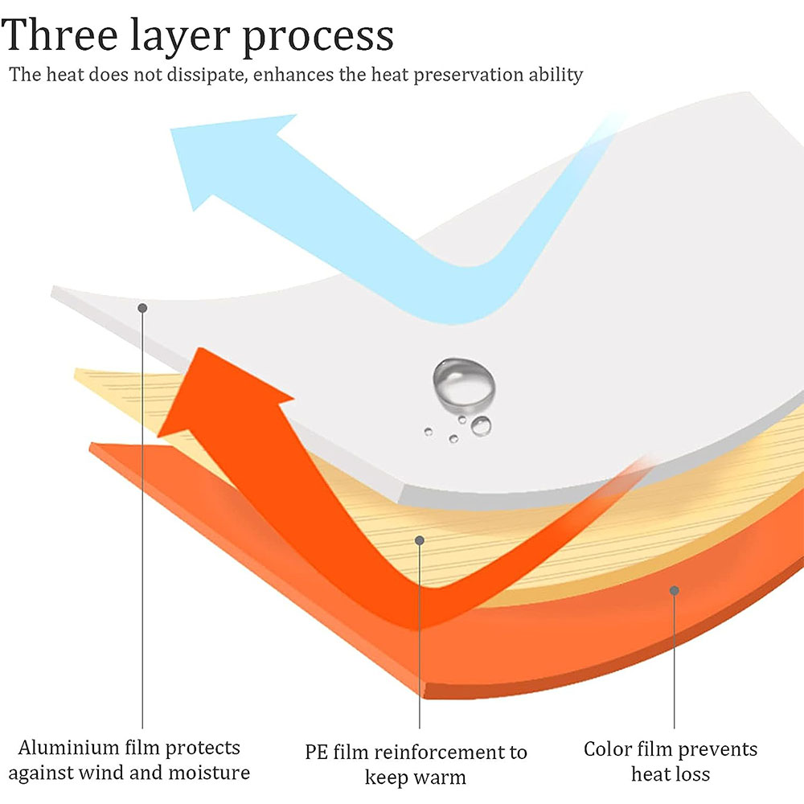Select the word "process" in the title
320,37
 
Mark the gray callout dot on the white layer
142,308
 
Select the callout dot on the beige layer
419,540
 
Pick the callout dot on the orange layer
674,591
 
